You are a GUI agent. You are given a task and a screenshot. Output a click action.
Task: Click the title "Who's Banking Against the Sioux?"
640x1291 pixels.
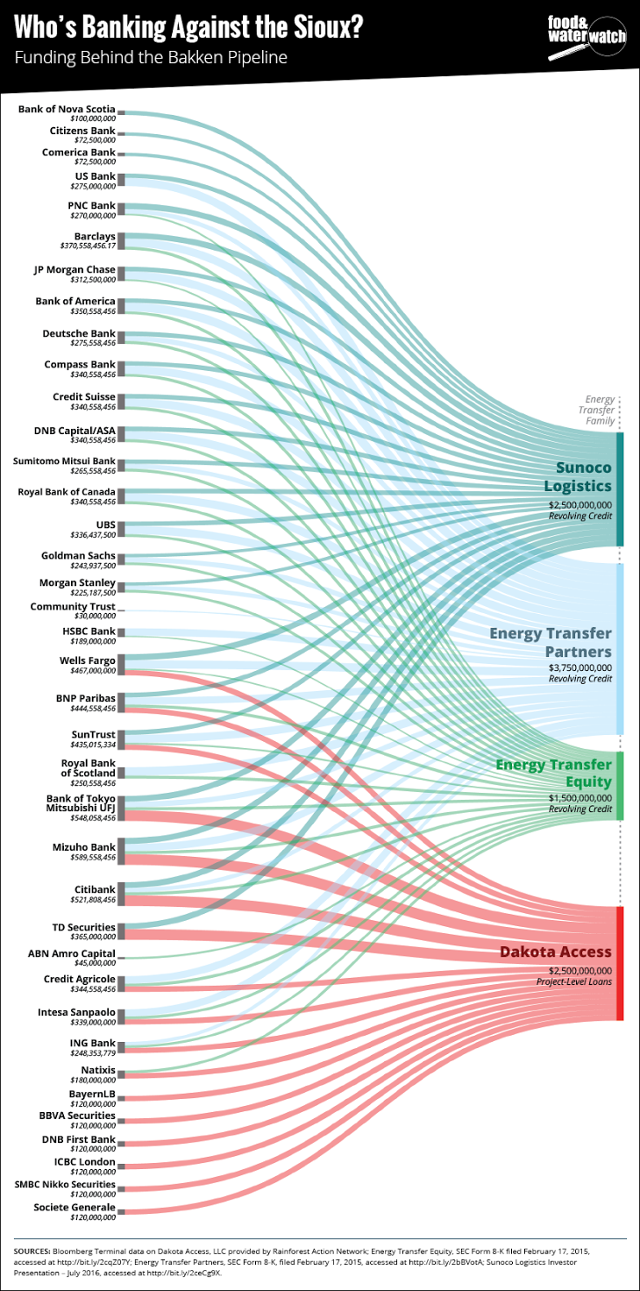pos(188,28)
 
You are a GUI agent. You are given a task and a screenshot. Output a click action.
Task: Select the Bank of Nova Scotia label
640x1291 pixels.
pos(67,109)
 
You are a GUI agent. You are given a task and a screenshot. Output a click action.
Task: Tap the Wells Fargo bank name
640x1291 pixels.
pos(88,660)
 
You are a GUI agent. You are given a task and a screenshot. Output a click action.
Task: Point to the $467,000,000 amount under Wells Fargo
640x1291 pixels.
pos(93,670)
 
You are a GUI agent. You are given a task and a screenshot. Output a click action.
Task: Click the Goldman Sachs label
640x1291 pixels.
pos(78,555)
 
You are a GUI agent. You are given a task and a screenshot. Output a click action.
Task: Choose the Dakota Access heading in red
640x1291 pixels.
pos(556,952)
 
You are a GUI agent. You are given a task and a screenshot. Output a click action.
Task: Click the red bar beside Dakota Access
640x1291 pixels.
pos(620,963)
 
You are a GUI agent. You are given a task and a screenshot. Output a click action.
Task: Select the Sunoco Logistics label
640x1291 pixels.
pos(577,476)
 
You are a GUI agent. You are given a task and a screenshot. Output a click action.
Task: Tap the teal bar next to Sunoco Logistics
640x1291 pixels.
pos(620,489)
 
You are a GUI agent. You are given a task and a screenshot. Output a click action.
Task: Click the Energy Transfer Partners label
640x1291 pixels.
pos(551,642)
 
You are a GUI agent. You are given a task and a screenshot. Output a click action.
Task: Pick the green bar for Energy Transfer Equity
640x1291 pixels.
pos(620,786)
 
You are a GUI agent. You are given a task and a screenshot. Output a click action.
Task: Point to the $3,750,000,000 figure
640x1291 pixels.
pos(580,667)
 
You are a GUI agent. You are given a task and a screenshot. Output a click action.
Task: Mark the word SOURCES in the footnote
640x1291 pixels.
pos(32,1250)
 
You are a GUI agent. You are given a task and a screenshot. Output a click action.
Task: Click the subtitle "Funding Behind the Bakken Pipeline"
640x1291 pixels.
pos(150,58)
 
